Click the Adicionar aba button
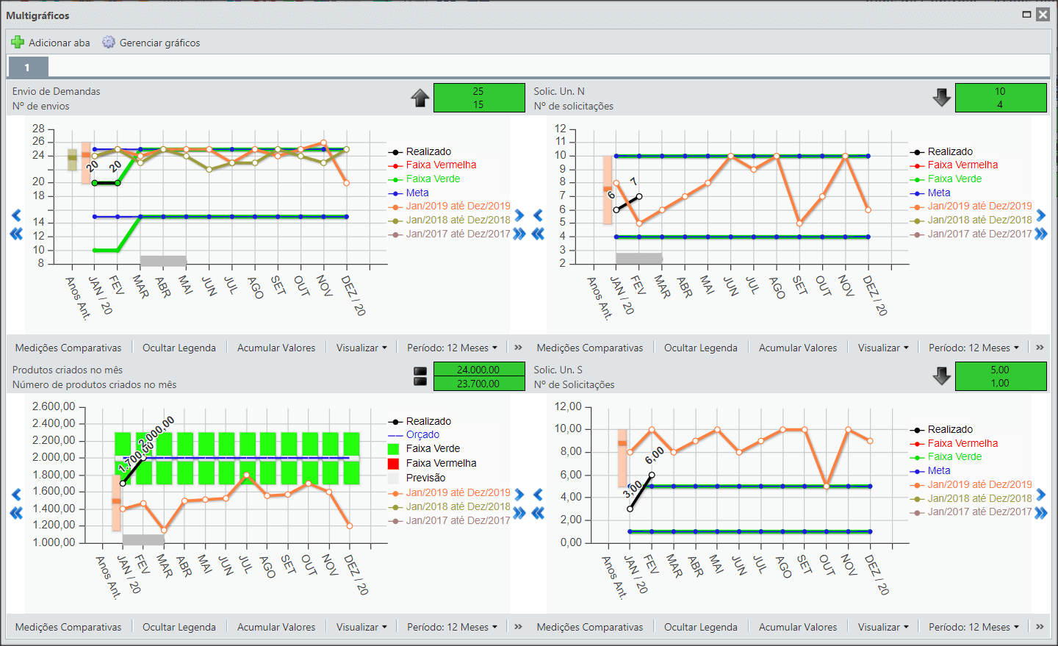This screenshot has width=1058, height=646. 51,43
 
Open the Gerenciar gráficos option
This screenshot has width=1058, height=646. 151,43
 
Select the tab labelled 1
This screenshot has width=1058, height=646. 27,67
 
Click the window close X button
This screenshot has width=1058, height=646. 1043,15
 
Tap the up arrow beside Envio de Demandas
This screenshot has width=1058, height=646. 420,98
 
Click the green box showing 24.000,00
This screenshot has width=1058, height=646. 479,370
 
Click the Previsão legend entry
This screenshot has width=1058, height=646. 417,478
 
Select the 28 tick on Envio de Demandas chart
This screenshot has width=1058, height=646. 38,129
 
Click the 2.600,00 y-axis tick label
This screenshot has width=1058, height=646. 54,406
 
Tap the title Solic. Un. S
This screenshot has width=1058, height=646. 558,370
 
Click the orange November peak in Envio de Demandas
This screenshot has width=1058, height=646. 323,143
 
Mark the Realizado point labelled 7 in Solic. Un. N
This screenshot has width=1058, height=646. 639,196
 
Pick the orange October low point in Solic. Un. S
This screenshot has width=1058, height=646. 827,486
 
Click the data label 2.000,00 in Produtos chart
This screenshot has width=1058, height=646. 156,431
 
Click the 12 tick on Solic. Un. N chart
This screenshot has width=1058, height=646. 560,129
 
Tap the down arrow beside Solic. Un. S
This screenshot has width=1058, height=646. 941,376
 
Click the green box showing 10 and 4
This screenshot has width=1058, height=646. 1001,98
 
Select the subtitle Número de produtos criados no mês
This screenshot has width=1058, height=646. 95,384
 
